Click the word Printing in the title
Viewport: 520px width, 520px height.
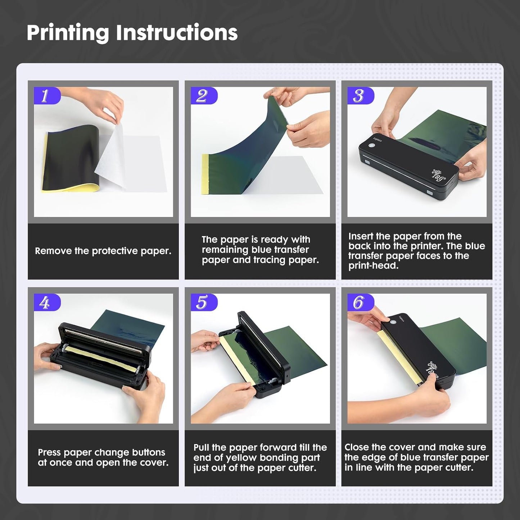coord(67,33)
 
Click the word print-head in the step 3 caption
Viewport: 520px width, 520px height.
coord(373,266)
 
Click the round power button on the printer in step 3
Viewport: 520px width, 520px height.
coord(371,146)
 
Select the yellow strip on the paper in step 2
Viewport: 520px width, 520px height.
coord(205,175)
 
